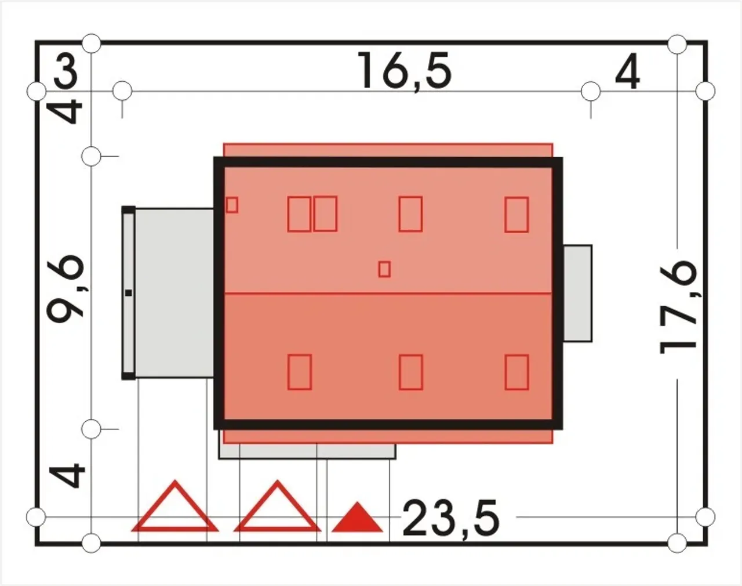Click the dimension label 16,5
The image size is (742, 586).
pyautogui.click(x=405, y=71)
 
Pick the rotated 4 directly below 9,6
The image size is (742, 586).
pyautogui.click(x=66, y=476)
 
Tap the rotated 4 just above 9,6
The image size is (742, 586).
pyautogui.click(x=66, y=111)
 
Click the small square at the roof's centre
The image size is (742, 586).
pyautogui.click(x=384, y=269)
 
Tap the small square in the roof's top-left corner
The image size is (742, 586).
pyautogui.click(x=232, y=205)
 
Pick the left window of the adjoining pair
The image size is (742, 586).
pyautogui.click(x=299, y=214)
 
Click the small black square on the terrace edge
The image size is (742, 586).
pyautogui.click(x=129, y=293)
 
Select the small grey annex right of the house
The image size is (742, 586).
pyautogui.click(x=577, y=294)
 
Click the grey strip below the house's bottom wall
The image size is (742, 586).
pyautogui.click(x=307, y=451)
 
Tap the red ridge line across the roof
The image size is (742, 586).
pyautogui.click(x=388, y=294)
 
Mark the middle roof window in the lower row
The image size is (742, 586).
pyautogui.click(x=410, y=372)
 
